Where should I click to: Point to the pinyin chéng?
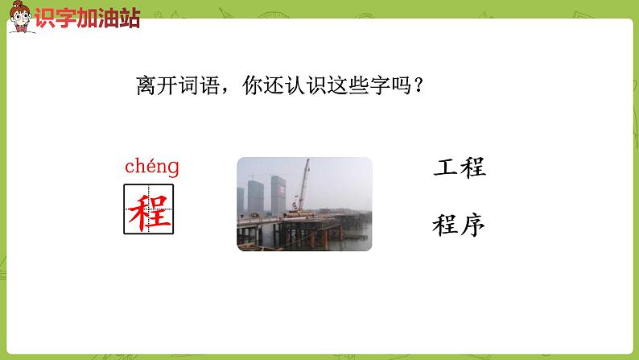[x=151, y=168]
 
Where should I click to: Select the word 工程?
[x=459, y=169]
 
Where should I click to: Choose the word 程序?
[x=459, y=226]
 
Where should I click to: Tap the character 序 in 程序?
[x=472, y=226]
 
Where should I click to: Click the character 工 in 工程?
[x=445, y=169]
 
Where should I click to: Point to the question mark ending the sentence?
[x=418, y=86]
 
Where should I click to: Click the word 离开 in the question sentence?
[x=158, y=86]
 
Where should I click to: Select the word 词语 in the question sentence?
[x=200, y=86]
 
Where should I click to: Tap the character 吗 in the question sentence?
[x=398, y=86]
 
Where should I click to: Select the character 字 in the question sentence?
[x=377, y=86]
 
